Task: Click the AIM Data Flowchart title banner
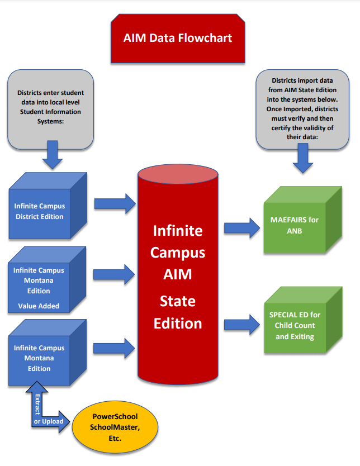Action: point(177,39)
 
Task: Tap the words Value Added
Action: point(39,306)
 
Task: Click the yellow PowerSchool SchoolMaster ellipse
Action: point(114,427)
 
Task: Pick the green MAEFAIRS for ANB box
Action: point(294,225)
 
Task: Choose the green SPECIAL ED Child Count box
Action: point(295,326)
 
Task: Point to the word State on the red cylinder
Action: point(178,301)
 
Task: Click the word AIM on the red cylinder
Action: point(178,274)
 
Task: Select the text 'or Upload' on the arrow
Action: point(49,421)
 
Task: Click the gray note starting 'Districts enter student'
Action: point(50,109)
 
